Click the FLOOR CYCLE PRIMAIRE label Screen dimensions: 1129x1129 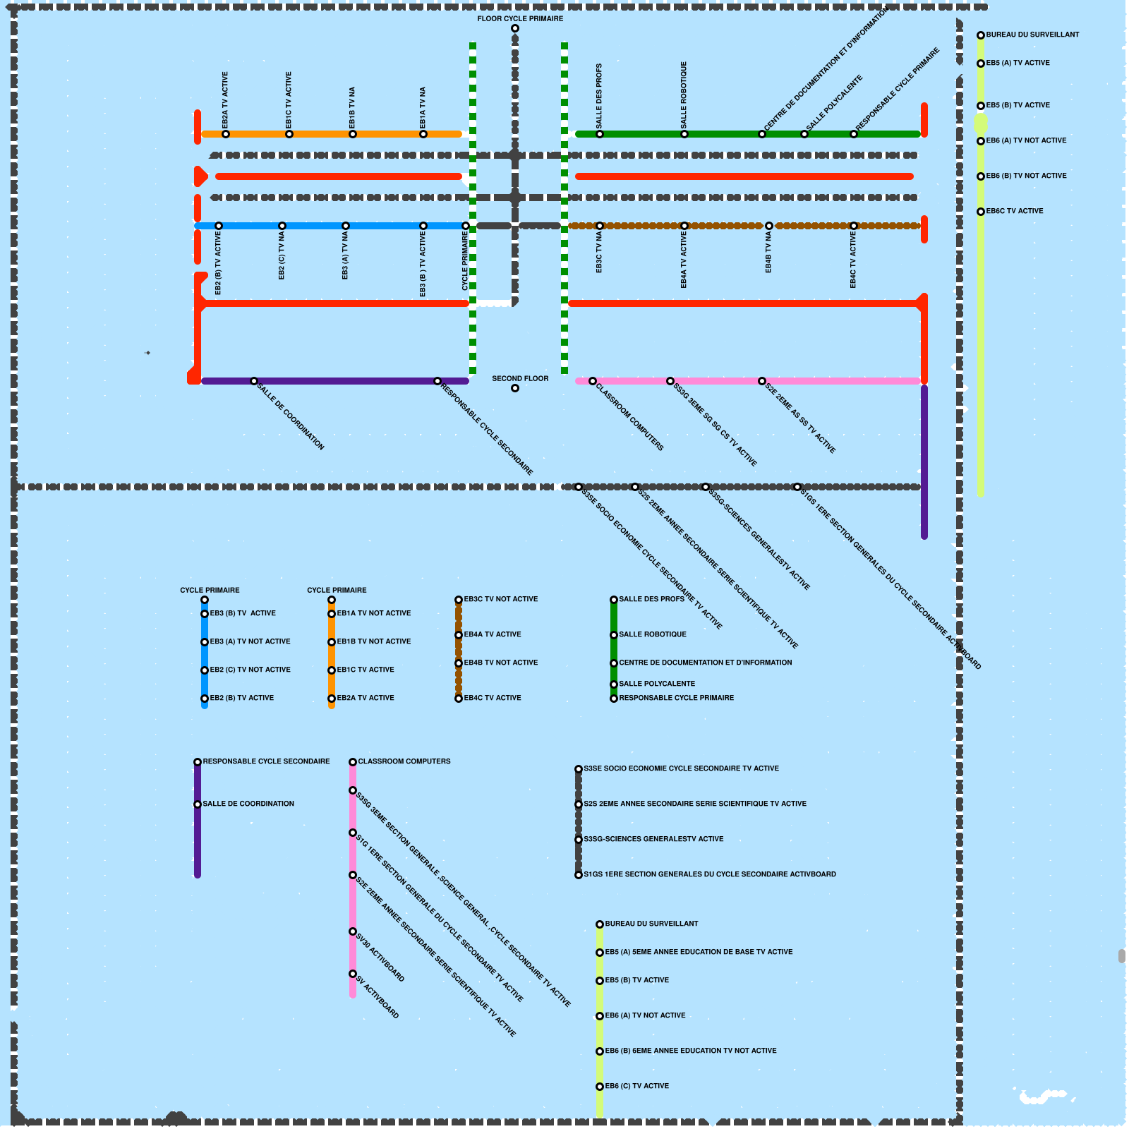pos(520,19)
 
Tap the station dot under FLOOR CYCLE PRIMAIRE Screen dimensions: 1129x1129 pos(515,29)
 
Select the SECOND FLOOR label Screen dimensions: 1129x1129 pos(520,379)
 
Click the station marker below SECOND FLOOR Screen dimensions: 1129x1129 pos(515,388)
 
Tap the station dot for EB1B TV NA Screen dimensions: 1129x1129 pos(353,134)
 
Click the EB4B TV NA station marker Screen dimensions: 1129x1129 pos(769,226)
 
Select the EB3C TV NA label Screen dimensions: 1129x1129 pos(599,253)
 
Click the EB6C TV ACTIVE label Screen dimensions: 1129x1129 pos(1015,211)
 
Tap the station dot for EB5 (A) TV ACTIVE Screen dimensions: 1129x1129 pos(981,64)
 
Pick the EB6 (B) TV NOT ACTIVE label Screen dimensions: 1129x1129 pos(1026,176)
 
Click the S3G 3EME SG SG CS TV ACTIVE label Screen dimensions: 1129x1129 pos(715,424)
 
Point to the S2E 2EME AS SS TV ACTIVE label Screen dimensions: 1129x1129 pos(800,418)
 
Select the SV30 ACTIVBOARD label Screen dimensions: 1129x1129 pos(380,958)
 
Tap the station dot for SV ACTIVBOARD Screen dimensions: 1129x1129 pos(353,974)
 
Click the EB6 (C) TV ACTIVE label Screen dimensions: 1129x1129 pos(636,1086)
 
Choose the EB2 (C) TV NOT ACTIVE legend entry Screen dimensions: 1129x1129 pos(250,670)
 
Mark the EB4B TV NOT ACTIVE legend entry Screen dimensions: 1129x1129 pos(500,663)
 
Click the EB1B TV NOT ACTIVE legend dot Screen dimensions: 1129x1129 pos(332,642)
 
